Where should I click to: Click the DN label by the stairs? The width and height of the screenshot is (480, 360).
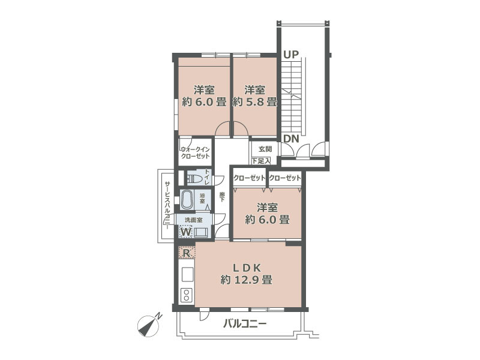point(291,139)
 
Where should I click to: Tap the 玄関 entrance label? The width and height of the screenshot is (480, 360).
point(265,149)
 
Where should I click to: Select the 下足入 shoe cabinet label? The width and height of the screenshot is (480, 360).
point(261,161)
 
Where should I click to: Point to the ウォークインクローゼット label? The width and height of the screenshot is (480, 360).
point(195,152)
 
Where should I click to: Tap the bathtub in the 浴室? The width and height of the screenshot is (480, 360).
point(187,198)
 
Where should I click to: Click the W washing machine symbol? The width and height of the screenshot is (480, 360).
point(186,231)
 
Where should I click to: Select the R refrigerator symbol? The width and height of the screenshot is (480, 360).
point(187,253)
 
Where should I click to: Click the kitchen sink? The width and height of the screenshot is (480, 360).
point(186,274)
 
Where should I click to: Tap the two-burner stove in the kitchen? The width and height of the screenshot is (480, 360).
point(186,295)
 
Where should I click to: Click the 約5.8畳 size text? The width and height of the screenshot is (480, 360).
point(254,102)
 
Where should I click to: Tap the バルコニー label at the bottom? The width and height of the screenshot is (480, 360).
point(245,325)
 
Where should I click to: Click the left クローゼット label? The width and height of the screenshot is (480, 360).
point(249,178)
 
